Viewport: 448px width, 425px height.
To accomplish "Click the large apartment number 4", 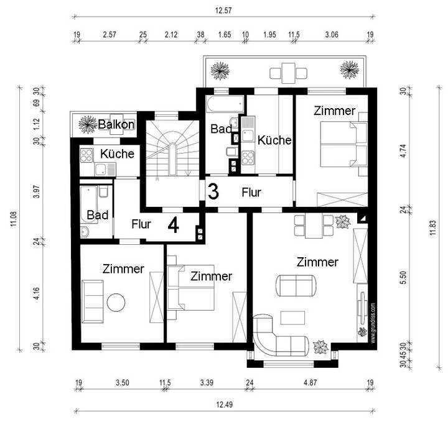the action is pyautogui.click(x=173, y=225).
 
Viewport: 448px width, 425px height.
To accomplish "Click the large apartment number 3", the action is pyautogui.click(x=213, y=191).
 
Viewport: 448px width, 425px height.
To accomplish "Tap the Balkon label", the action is pyautogui.click(x=116, y=124).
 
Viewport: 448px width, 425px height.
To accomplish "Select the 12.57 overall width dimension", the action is pyautogui.click(x=223, y=11).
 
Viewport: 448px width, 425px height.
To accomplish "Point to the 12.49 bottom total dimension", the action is pyautogui.click(x=224, y=404).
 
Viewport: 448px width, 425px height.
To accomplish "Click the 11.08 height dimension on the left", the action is pyautogui.click(x=14, y=219).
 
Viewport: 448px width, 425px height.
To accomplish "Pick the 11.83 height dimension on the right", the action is pyautogui.click(x=433, y=227).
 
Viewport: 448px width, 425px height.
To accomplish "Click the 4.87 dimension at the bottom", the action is pyautogui.click(x=310, y=383).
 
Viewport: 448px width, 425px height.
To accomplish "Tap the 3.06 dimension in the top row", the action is pyautogui.click(x=332, y=35).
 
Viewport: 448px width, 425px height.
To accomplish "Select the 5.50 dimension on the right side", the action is pyautogui.click(x=403, y=278).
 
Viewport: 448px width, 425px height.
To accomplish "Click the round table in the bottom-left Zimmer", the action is pyautogui.click(x=116, y=303).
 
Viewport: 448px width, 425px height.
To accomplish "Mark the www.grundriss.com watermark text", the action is pyautogui.click(x=373, y=323).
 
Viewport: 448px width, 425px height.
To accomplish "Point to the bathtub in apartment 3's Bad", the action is pyautogui.click(x=225, y=104).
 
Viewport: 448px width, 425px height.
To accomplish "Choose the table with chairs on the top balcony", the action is pyautogui.click(x=289, y=73).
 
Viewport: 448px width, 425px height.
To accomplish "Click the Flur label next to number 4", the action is pyautogui.click(x=141, y=224).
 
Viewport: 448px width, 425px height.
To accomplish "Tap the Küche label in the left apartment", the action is pyautogui.click(x=117, y=154).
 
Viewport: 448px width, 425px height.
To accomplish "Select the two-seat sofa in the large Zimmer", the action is pyautogui.click(x=296, y=286).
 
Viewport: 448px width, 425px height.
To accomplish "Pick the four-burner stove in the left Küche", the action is pyautogui.click(x=86, y=155).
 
